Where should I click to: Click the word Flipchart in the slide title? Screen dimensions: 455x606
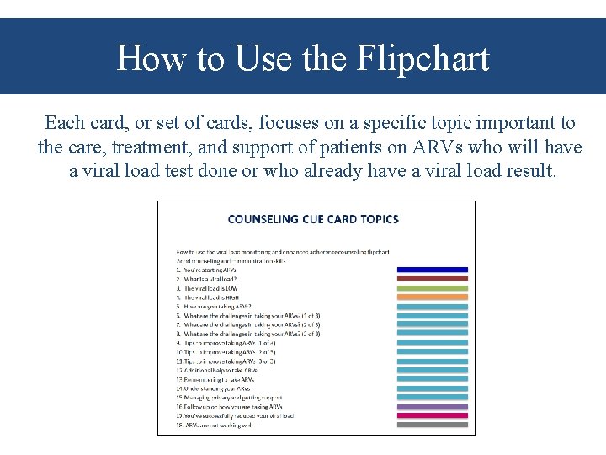[423, 59]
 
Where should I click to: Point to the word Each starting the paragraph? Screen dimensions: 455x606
[64, 123]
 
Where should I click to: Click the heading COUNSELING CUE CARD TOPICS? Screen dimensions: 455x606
[313, 219]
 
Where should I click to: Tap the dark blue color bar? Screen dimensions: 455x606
[432, 270]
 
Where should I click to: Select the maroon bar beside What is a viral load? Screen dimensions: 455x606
[432, 279]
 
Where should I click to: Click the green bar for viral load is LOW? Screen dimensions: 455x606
[432, 288]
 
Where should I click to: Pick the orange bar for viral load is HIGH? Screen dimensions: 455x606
[432, 297]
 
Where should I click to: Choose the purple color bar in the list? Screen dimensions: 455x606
[432, 407]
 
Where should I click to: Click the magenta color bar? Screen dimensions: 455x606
[432, 416]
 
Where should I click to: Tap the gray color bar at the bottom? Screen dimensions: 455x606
[432, 426]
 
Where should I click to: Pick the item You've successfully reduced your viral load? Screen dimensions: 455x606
[235, 416]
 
